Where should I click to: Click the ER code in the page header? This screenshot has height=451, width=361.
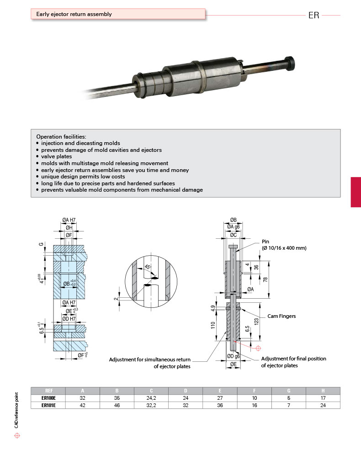coord(313,15)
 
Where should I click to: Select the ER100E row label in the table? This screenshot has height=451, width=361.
coord(48,398)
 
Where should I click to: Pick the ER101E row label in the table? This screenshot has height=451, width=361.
coord(48,405)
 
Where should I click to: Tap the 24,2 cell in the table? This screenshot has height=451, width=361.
coord(151,398)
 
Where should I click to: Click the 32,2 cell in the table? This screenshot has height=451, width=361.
coord(151,405)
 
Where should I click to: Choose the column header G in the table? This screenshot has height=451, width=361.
coord(288,391)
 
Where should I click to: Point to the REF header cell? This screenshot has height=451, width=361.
coord(48,391)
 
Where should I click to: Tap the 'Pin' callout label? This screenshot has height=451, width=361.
coord(266,242)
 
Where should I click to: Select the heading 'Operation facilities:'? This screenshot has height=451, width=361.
coord(61,137)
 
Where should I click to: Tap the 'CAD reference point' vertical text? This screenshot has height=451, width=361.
coord(17,409)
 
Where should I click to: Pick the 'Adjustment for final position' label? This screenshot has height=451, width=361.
coord(293,359)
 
